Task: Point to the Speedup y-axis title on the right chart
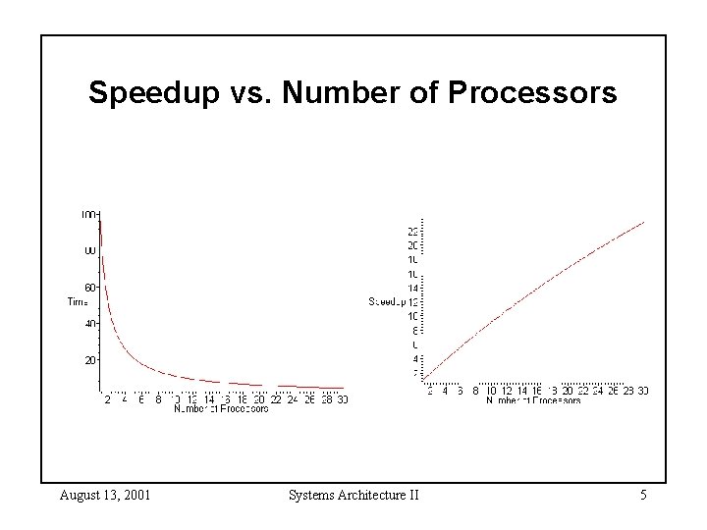point(387,301)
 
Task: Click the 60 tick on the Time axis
point(89,288)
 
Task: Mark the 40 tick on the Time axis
point(89,324)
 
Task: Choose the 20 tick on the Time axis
point(89,360)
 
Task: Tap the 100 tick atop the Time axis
point(89,214)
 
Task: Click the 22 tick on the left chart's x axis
point(276,398)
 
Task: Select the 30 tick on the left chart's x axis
point(341,398)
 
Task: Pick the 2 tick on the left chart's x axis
point(107,398)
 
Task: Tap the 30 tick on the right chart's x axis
point(642,391)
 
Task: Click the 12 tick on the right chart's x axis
point(507,391)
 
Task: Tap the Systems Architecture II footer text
point(353,495)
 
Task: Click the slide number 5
point(642,495)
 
